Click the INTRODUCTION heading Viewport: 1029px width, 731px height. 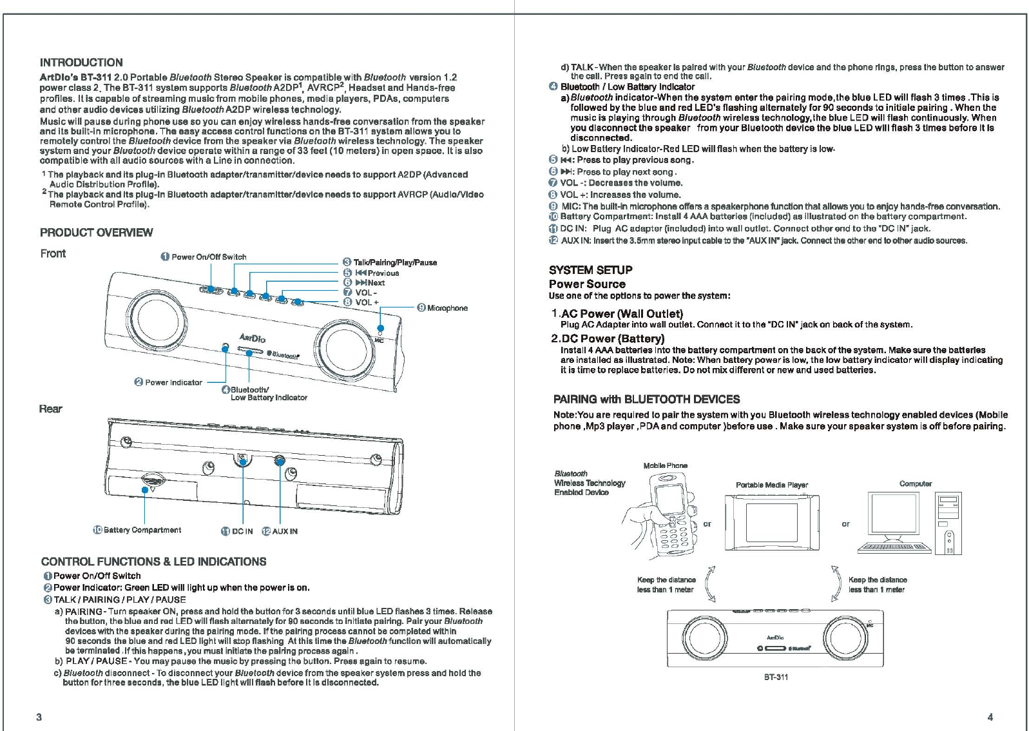tap(81, 63)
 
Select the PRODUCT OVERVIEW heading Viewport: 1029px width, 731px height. tap(97, 233)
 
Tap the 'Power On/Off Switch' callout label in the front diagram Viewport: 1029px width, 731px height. tap(209, 257)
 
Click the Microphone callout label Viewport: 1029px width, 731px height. tap(447, 308)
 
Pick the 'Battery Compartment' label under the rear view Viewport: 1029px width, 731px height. tap(142, 531)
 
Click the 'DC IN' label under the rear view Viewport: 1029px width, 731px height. tap(242, 531)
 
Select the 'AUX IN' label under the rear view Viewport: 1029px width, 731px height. tap(284, 531)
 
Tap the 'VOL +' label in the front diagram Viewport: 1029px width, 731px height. tap(367, 302)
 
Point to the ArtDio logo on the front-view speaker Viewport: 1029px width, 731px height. tap(253, 337)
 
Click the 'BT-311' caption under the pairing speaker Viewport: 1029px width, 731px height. tap(776, 677)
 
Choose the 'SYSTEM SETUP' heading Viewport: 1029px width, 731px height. tap(590, 270)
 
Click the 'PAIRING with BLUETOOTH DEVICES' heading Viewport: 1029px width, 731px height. tap(646, 400)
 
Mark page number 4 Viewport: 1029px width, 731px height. tap(990, 717)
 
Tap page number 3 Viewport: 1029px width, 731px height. tap(39, 717)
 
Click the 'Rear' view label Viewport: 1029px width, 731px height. tap(51, 409)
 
